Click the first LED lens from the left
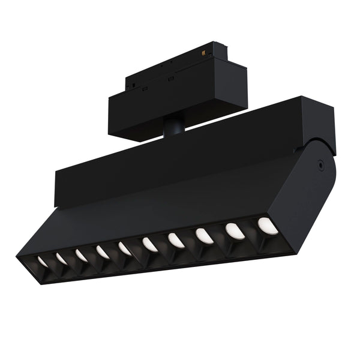(43, 261)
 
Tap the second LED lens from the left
(61, 258)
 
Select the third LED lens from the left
(81, 256)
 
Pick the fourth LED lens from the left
(103, 252)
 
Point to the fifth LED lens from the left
(125, 248)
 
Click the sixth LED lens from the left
(149, 244)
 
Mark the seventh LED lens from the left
(176, 240)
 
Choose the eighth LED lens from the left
(205, 236)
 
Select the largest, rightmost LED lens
(268, 226)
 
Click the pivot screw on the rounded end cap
(322, 163)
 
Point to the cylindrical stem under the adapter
(174, 127)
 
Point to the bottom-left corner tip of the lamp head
(18, 258)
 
